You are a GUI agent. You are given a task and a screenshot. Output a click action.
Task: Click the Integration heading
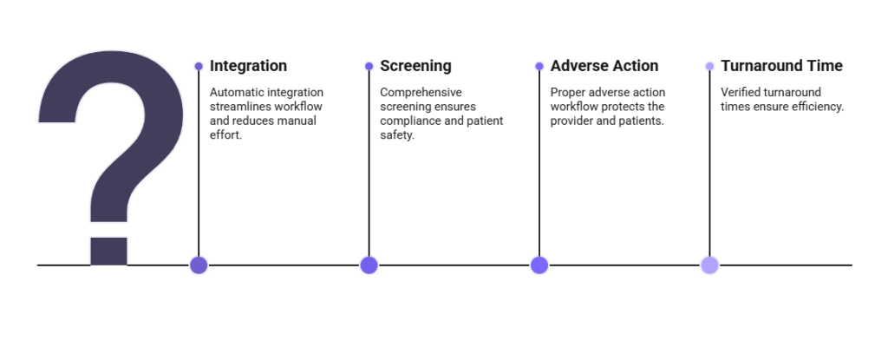[x=248, y=66]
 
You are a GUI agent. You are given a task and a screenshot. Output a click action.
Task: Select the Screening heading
[x=415, y=66]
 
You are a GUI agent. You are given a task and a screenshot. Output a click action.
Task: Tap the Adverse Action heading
[x=604, y=66]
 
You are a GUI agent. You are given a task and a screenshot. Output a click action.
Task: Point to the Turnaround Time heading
[x=781, y=66]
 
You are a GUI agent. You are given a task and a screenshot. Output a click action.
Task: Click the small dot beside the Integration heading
[x=199, y=66]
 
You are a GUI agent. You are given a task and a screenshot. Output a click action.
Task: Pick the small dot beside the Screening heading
[x=369, y=66]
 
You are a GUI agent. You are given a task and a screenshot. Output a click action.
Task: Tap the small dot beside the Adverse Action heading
[x=539, y=66]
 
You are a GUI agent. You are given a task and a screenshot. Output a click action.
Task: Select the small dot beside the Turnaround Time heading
[x=709, y=66]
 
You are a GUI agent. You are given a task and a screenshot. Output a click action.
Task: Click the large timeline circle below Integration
[x=199, y=265]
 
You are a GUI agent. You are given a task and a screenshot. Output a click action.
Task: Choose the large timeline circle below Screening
[x=369, y=265]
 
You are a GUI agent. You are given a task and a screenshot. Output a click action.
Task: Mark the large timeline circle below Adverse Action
[x=539, y=265]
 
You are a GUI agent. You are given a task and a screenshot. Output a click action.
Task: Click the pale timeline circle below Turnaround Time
[x=709, y=265]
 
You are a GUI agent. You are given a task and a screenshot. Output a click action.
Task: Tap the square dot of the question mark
[x=108, y=252]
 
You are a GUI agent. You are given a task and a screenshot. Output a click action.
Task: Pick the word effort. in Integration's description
[x=225, y=135]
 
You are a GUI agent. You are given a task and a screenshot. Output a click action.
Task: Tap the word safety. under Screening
[x=397, y=135]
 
